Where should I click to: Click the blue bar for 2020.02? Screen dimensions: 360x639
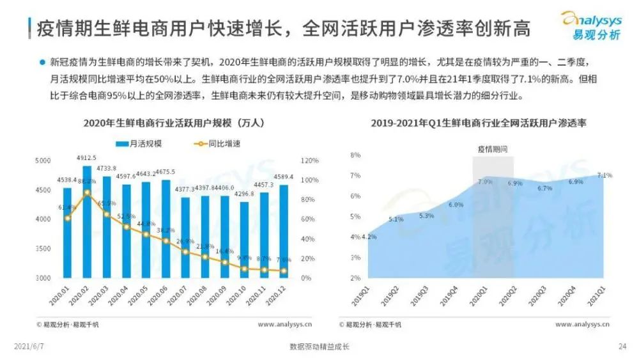(87, 224)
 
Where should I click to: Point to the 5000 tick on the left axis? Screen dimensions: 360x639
(43, 160)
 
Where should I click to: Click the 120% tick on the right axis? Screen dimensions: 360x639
(310, 160)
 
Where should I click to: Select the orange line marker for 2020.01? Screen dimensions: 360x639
(68, 217)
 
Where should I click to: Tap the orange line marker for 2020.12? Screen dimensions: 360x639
(283, 270)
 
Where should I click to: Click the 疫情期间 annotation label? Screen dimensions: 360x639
(493, 148)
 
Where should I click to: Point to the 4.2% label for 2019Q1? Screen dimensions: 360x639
(369, 237)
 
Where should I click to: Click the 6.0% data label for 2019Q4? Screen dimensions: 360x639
(456, 205)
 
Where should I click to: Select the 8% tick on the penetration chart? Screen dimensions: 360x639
(356, 155)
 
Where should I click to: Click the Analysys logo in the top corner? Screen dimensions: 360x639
(590, 26)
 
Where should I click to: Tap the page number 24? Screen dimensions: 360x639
(622, 347)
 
